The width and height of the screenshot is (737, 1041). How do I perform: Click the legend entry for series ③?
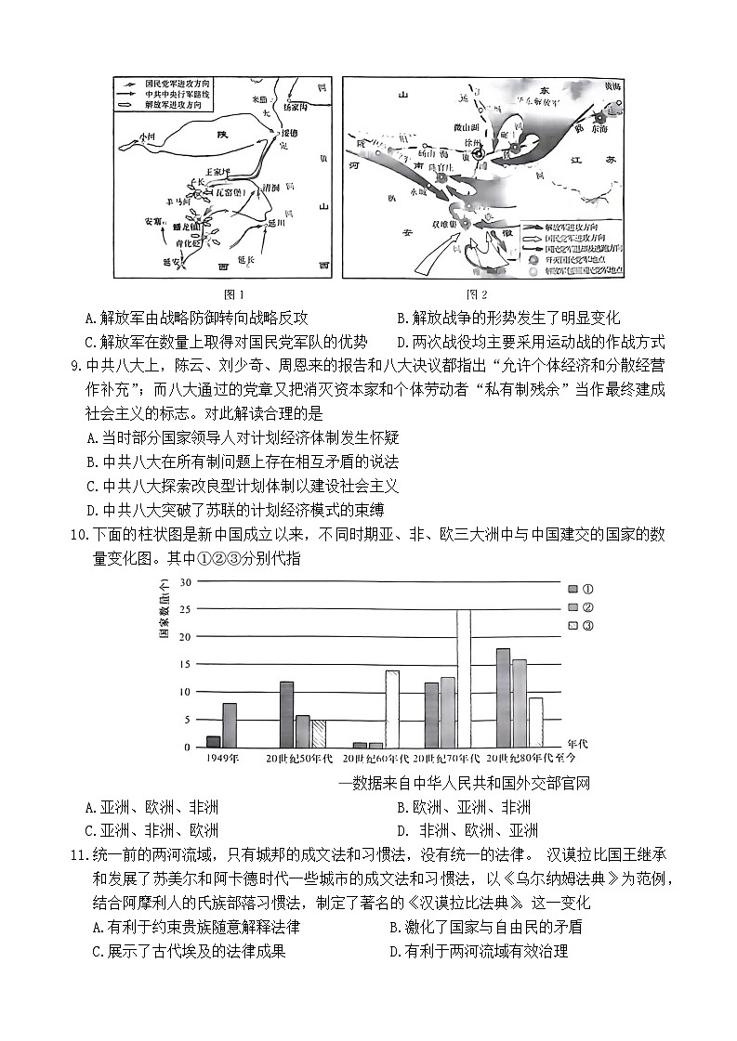[x=574, y=626]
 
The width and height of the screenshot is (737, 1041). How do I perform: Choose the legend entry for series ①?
[x=574, y=589]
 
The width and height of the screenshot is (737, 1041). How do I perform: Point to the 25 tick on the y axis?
[x=185, y=609]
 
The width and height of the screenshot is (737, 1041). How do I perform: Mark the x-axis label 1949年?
[x=223, y=759]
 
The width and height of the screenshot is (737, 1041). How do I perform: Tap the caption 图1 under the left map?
[x=215, y=294]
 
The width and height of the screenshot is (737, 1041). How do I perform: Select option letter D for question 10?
[x=402, y=830]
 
